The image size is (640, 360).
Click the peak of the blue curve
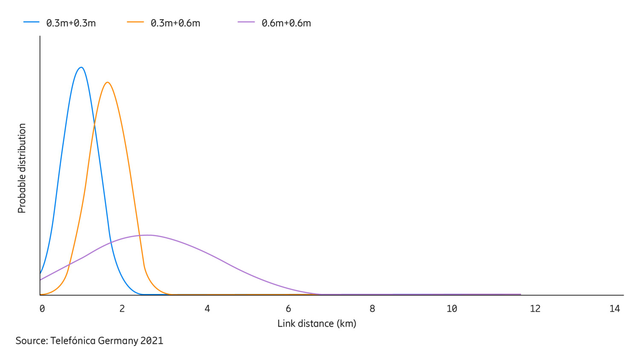81,67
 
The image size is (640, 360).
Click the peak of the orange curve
108,82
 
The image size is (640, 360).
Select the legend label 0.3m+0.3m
71,23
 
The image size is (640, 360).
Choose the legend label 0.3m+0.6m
175,23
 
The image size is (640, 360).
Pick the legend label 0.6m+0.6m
286,23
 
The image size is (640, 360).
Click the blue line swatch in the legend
31,22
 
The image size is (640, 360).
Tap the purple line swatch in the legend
246,22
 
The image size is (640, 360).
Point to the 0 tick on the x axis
42,308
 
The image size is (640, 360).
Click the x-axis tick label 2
122,308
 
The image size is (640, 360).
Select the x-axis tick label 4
207,308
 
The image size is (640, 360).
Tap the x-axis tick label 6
288,308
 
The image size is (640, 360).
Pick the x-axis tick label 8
372,308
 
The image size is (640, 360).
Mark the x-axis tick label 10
452,308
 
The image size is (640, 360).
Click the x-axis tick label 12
535,308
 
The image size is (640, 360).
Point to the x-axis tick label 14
614,308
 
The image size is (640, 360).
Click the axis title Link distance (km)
317,323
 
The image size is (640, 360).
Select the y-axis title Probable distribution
22,168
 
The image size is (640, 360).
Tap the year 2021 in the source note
151,340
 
